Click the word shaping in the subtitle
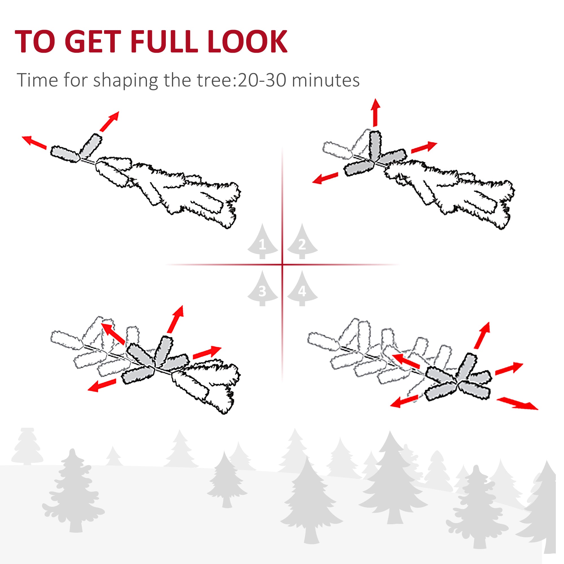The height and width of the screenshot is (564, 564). point(125,81)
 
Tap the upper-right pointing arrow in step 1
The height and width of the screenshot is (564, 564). point(109,121)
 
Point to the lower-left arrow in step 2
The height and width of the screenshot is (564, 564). point(325,178)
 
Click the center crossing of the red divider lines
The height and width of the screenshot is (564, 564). point(282,265)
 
